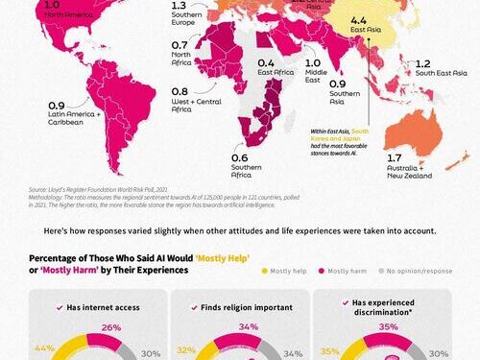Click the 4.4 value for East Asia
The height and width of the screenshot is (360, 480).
[358, 20]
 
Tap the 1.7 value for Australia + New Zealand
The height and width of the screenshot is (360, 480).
[394, 157]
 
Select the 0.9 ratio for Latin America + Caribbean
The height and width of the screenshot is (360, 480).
[57, 106]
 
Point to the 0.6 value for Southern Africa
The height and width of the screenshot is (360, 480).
[239, 158]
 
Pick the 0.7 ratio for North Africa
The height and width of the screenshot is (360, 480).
[180, 45]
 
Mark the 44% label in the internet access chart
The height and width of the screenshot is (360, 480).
[44, 348]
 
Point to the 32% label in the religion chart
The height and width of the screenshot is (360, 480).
[184, 351]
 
